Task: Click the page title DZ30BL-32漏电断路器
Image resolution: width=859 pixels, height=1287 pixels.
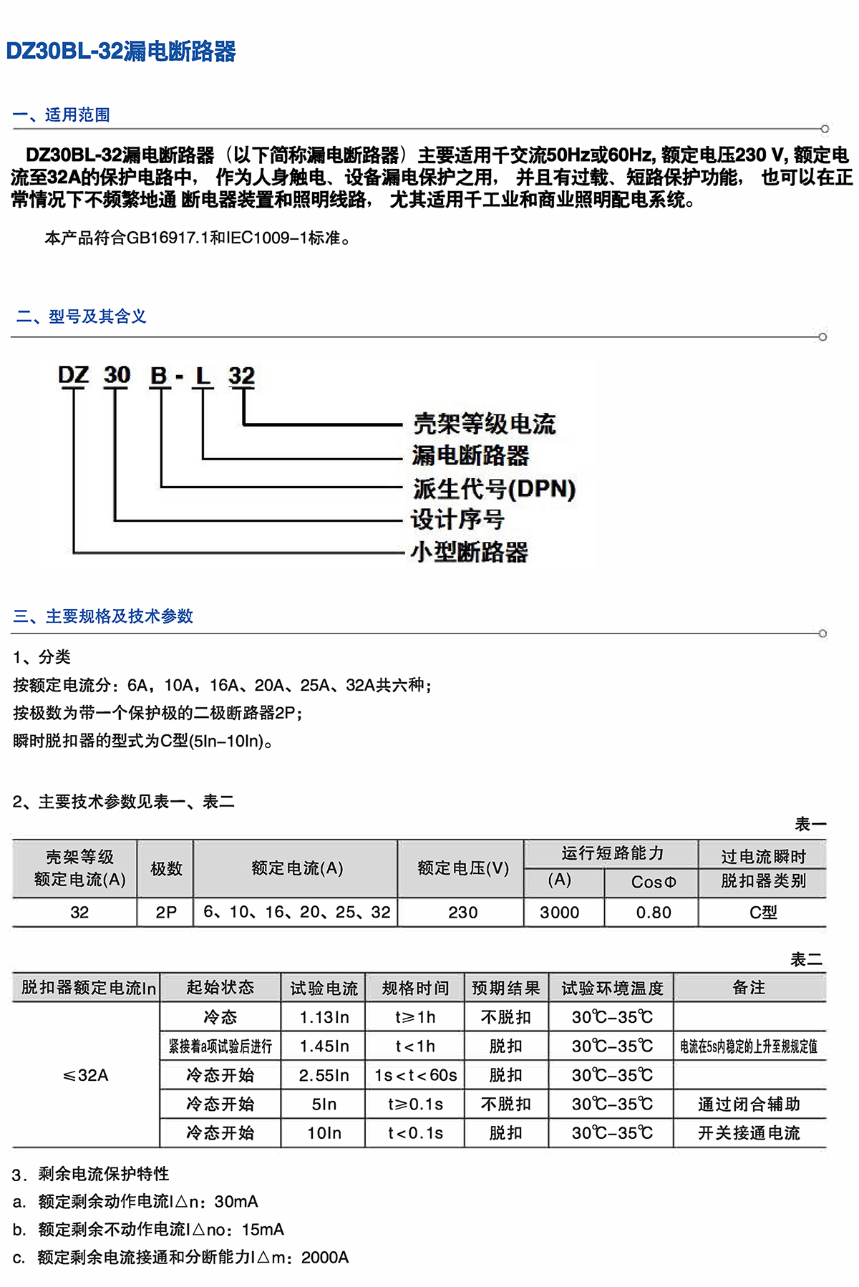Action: pos(121,52)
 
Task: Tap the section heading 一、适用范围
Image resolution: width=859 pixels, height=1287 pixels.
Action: pos(61,115)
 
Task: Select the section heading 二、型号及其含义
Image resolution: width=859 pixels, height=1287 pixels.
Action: pos(81,316)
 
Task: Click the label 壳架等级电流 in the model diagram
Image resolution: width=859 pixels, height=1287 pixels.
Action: pos(484,424)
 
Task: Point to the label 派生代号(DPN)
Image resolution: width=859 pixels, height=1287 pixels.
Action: pos(494,489)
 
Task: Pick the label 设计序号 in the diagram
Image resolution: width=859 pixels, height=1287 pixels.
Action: pos(457,520)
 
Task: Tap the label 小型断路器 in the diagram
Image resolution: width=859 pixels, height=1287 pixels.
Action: pos(470,552)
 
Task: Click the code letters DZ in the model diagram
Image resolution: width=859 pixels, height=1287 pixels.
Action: pos(73,375)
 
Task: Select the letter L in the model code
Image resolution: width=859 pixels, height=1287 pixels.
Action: pos(203,375)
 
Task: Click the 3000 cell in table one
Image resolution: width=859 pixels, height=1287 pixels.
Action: pos(560,913)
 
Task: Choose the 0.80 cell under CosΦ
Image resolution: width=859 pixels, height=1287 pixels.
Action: pos(654,913)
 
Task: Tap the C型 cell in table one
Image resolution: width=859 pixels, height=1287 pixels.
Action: pos(763,913)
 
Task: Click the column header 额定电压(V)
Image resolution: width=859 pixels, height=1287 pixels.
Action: pos(463,868)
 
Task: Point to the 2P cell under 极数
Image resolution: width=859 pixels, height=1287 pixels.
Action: pos(166,913)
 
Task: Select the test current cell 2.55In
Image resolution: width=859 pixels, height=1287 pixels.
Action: pos(324,1075)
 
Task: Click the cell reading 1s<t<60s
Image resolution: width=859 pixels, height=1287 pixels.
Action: pos(416,1075)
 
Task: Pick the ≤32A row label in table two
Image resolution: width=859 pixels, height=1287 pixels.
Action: pos(86,1075)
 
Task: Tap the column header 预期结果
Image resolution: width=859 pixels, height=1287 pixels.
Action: pos(506,988)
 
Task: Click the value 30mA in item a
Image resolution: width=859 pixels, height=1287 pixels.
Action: pos(236,1202)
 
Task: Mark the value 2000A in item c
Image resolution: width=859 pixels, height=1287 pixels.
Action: pos(325,1258)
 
